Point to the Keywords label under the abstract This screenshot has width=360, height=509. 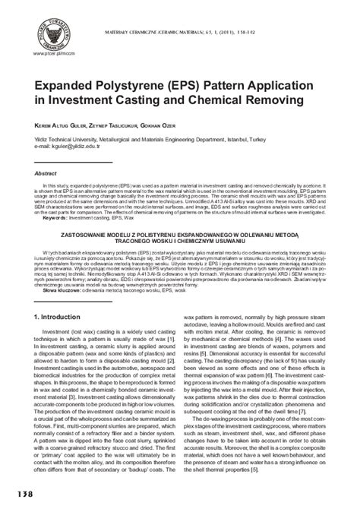52,218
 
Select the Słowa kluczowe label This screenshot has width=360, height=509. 61,290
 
